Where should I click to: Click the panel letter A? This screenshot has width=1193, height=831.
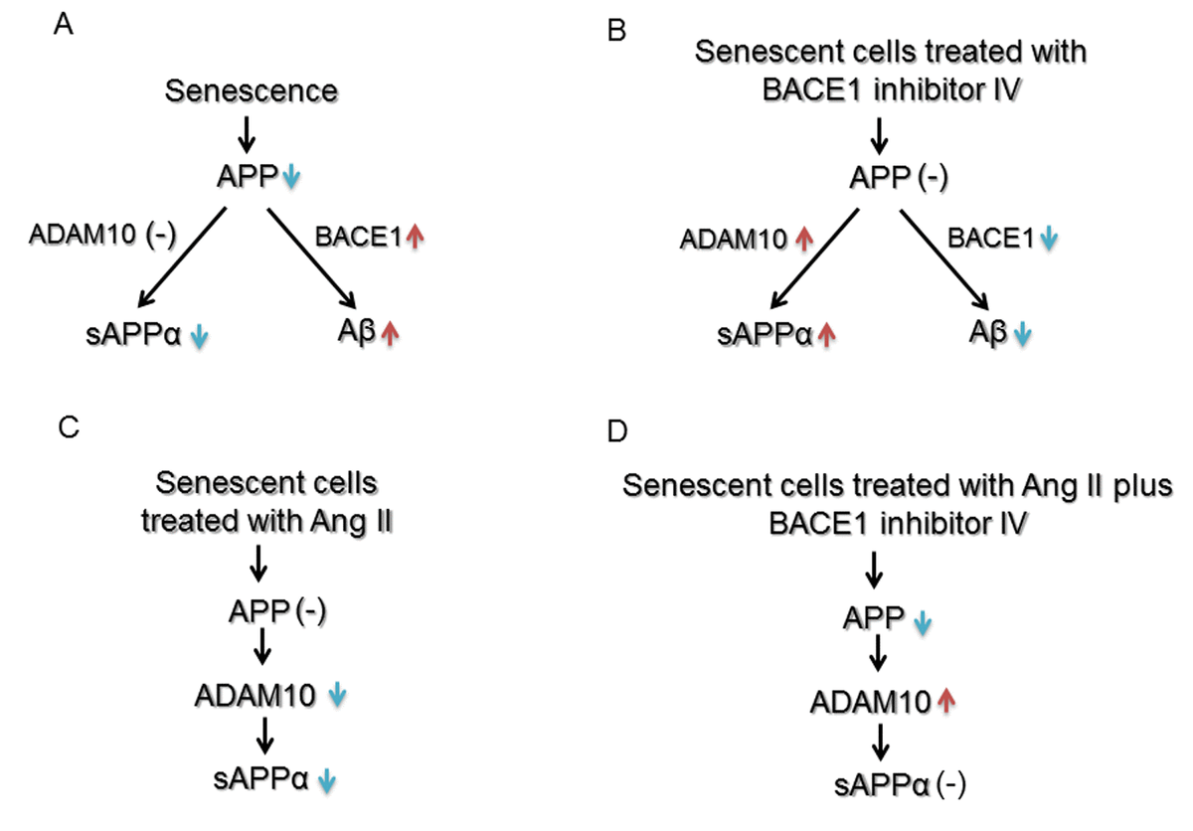point(63,23)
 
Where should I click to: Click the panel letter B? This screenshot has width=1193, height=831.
point(617,33)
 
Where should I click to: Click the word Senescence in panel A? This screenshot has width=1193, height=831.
point(252,91)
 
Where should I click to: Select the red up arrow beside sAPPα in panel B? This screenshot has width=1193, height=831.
point(825,335)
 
